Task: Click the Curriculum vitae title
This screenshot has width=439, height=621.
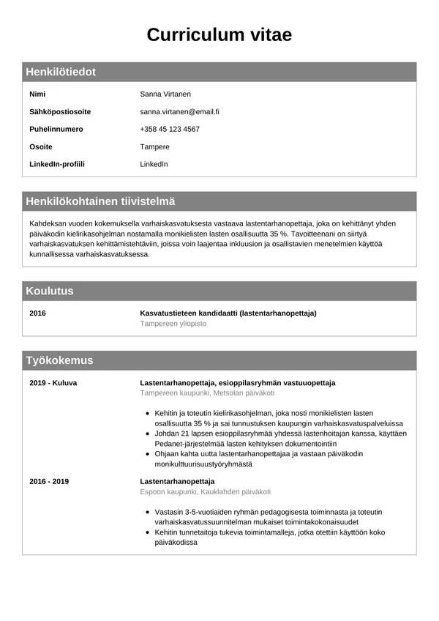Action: pos(219,34)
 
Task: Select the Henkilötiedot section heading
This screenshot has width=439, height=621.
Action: pos(61,72)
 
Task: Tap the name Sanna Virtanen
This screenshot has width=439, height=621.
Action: pos(165,94)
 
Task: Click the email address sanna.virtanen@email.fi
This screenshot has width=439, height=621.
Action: pos(179,112)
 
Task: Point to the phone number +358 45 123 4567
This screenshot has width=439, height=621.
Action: pos(170,130)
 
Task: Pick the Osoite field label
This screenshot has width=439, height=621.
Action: pos(41,147)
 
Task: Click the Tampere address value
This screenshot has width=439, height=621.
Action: pos(154,147)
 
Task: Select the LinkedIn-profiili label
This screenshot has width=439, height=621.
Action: pos(57,164)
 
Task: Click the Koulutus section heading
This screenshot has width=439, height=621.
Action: pos(50,291)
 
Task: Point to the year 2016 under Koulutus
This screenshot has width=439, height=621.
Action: pos(37,313)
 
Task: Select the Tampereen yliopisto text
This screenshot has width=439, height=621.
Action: pos(173,324)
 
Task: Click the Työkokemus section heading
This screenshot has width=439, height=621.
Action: pos(59,360)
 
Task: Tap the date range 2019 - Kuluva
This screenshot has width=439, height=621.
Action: pos(53,383)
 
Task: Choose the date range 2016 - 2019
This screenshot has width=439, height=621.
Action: pos(49,481)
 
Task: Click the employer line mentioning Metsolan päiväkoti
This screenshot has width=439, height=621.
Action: pos(207,393)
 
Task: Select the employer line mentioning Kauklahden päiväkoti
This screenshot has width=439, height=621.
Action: pos(206,491)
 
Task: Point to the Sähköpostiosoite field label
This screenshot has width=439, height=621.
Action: pos(60,112)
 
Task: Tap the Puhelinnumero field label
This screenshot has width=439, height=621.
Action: pos(56,130)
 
